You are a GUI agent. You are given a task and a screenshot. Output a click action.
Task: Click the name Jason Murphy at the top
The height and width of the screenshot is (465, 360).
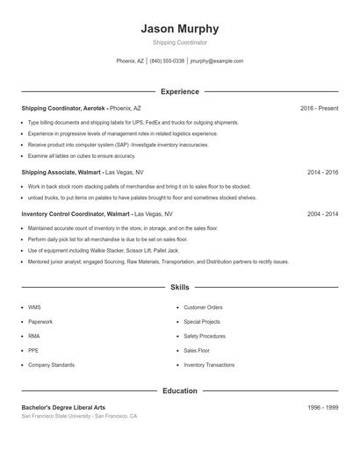click(180, 28)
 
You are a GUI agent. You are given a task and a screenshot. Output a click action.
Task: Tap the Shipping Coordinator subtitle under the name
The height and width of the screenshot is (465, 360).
click(180, 42)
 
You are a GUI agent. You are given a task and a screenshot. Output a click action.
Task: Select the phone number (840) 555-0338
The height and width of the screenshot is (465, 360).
click(167, 61)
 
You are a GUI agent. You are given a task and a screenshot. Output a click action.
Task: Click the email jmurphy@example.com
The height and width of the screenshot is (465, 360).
click(217, 61)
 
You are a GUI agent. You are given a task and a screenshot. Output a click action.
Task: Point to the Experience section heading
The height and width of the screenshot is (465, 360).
click(180, 91)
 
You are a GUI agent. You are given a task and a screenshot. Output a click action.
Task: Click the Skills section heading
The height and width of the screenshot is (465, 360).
click(180, 287)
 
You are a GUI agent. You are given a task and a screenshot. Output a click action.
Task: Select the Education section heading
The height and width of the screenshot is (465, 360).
click(180, 390)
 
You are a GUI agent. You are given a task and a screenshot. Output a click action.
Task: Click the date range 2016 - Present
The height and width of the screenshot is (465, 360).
click(319, 108)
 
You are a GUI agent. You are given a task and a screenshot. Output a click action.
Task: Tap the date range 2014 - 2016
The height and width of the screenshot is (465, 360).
click(322, 173)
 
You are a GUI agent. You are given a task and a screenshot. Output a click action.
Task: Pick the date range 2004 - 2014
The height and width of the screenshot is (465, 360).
click(322, 213)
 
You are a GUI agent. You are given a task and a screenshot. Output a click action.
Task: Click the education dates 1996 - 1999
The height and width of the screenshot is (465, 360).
click(322, 408)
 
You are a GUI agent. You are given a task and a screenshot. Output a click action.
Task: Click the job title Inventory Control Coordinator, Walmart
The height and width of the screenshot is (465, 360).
click(75, 213)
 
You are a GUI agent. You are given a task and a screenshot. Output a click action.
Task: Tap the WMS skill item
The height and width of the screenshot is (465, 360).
click(35, 308)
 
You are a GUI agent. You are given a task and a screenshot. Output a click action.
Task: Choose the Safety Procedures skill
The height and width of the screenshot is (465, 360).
click(205, 336)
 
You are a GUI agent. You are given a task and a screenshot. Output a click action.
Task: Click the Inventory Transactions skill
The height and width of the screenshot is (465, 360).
click(209, 364)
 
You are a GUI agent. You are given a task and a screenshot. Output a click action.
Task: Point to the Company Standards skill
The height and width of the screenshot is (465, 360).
click(51, 364)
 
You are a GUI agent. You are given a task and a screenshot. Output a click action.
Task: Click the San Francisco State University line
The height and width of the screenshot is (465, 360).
click(79, 416)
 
